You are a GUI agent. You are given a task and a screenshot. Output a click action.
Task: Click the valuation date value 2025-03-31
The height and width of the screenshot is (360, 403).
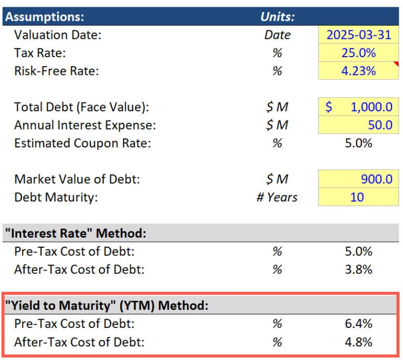pyautogui.click(x=359, y=35)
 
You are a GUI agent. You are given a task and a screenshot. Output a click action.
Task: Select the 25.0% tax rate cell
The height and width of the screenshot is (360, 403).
pyautogui.click(x=359, y=53)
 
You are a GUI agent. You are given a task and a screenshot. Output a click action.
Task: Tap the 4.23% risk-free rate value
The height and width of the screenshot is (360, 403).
pyautogui.click(x=359, y=71)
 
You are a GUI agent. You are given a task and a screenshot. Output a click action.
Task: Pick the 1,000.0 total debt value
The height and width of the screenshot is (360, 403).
pyautogui.click(x=371, y=107)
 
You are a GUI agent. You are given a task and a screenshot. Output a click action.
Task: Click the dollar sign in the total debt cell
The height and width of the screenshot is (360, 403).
pyautogui.click(x=328, y=107)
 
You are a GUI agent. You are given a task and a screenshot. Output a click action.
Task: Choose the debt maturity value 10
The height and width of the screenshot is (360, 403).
pyautogui.click(x=359, y=197)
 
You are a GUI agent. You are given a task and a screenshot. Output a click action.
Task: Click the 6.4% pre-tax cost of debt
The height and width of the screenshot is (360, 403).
pyautogui.click(x=359, y=324)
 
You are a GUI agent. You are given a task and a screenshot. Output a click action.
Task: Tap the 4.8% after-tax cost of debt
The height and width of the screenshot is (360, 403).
pyautogui.click(x=359, y=342)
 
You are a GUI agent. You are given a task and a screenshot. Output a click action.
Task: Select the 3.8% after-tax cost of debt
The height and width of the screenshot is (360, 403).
pyautogui.click(x=359, y=270)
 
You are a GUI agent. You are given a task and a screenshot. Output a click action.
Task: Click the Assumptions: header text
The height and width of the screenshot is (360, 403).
pyautogui.click(x=44, y=16)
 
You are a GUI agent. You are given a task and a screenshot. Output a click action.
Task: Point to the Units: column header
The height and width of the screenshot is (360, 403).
pyautogui.click(x=278, y=16)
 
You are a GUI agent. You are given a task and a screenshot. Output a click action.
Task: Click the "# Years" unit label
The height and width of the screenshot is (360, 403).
pyautogui.click(x=277, y=197)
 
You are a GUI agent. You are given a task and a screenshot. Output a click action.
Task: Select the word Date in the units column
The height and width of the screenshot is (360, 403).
pyautogui.click(x=278, y=35)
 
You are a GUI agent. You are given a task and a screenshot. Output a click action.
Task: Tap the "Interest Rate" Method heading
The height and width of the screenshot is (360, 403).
pyautogui.click(x=76, y=233)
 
